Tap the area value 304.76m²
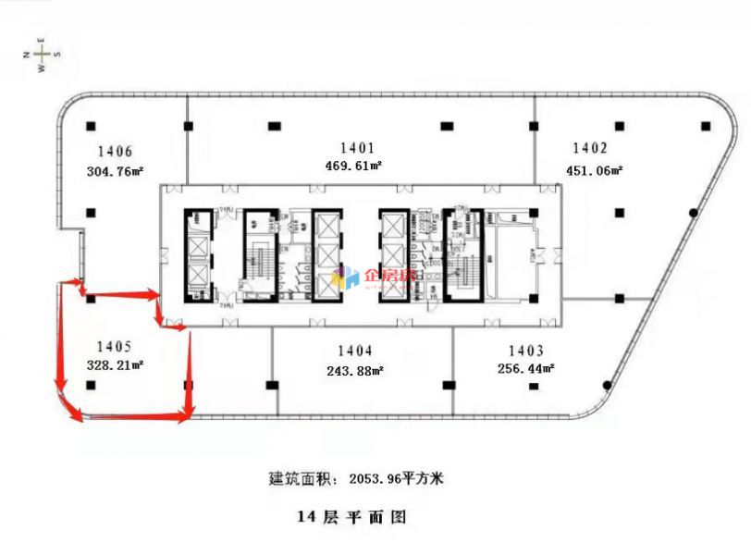point(115,170)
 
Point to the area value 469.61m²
point(354,166)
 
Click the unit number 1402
point(590,148)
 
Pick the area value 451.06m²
point(594,169)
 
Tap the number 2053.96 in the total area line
point(379,479)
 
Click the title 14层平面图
point(351,518)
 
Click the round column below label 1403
point(607,385)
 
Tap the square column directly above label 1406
point(90,127)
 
